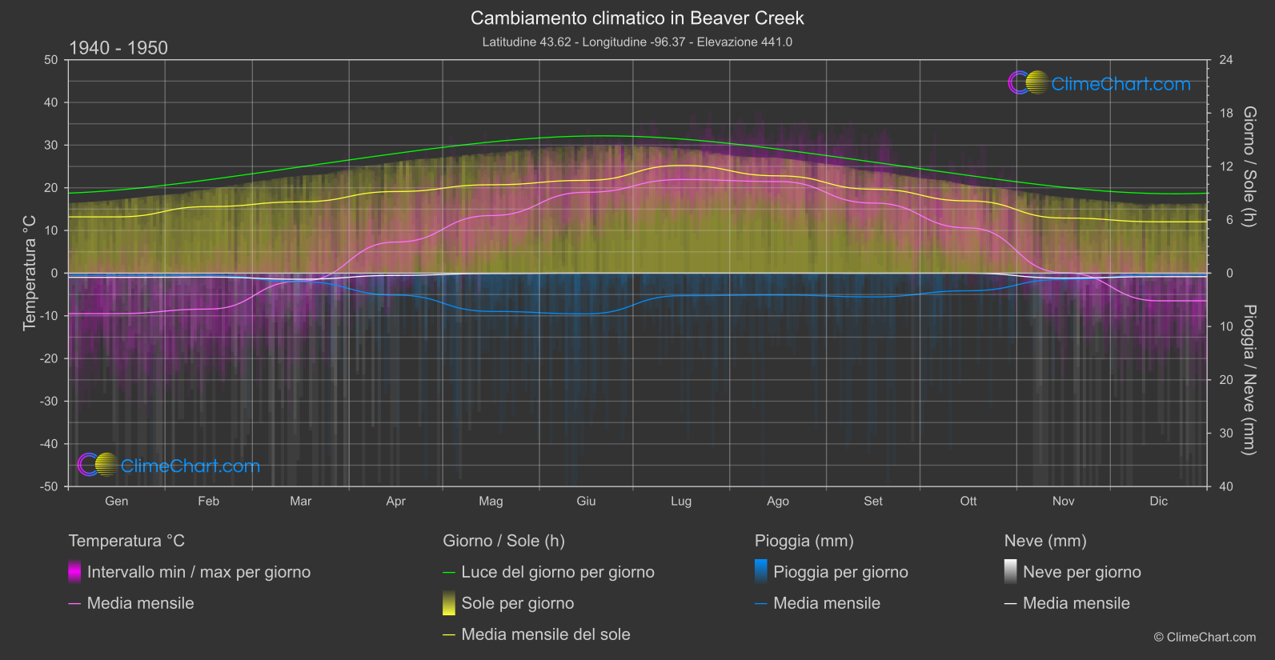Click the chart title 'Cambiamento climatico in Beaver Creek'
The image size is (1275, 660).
[637, 18]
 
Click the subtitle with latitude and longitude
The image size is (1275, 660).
[637, 42]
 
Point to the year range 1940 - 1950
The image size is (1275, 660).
[118, 48]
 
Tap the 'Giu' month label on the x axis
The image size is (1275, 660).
[586, 501]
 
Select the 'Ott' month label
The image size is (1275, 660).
[968, 501]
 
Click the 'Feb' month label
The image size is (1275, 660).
[208, 501]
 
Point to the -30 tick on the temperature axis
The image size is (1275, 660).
[50, 402]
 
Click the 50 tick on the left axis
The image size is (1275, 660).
[51, 60]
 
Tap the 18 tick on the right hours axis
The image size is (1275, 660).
[1226, 114]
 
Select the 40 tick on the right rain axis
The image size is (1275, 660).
[1226, 486]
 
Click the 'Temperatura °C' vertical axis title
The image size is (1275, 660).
[30, 272]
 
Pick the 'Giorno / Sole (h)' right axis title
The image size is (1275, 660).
[1249, 166]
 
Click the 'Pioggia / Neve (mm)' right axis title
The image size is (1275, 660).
[1249, 380]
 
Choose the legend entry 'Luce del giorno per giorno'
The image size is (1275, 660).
[557, 572]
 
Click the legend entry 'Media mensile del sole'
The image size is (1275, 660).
[545, 634]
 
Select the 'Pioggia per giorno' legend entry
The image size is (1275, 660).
[840, 572]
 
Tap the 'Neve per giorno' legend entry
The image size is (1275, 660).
[1081, 572]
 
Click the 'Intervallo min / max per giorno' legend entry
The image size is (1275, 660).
[198, 572]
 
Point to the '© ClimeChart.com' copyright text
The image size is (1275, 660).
[1205, 638]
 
